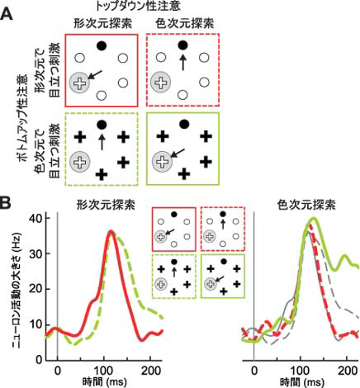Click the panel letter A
[x=7, y=14]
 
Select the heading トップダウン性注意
[x=137, y=6]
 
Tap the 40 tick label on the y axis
[x=36, y=219]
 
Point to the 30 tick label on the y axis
[x=36, y=253]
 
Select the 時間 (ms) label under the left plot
[x=105, y=382]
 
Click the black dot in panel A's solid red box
[x=102, y=45]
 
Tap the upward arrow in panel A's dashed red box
[x=182, y=63]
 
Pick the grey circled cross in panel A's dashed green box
[x=80, y=162]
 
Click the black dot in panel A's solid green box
[x=184, y=125]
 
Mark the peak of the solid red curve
[x=111, y=232]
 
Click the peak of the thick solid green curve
[x=313, y=219]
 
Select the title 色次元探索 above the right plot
[x=306, y=205]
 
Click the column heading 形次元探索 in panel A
[x=103, y=24]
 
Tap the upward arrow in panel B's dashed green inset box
[x=173, y=272]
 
